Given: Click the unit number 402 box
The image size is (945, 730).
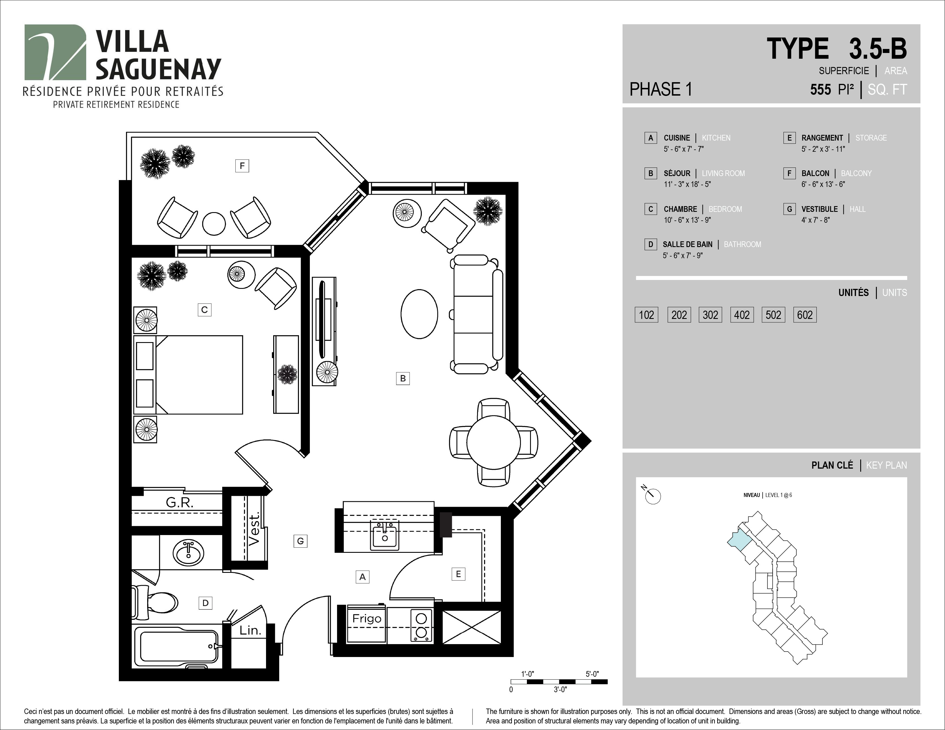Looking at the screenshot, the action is pos(742,315).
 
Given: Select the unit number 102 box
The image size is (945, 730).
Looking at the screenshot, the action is pos(646,315).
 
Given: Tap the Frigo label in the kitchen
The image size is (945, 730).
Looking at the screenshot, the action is pos(367,618).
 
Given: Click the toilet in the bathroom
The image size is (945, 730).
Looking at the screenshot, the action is pos(156,601).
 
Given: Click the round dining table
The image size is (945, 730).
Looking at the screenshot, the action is pos(493,442).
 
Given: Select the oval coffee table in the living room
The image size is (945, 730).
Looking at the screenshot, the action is pos(419,314).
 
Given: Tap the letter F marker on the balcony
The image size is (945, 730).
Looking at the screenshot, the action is pos(242,166).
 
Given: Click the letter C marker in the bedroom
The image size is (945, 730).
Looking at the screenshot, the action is pos(205,310).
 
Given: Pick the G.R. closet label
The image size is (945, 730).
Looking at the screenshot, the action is pos(180,502).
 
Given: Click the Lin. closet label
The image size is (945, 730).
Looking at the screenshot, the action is pos(250,631).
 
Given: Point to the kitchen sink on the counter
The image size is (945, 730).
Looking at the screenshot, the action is pos(385,535).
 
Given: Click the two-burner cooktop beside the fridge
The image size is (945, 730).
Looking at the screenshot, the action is pos(421,625).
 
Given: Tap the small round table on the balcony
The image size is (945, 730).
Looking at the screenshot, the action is pos(214,224).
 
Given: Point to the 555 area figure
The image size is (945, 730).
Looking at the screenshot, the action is pos(820,90).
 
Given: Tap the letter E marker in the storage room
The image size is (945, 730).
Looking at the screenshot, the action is pos(458,574).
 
